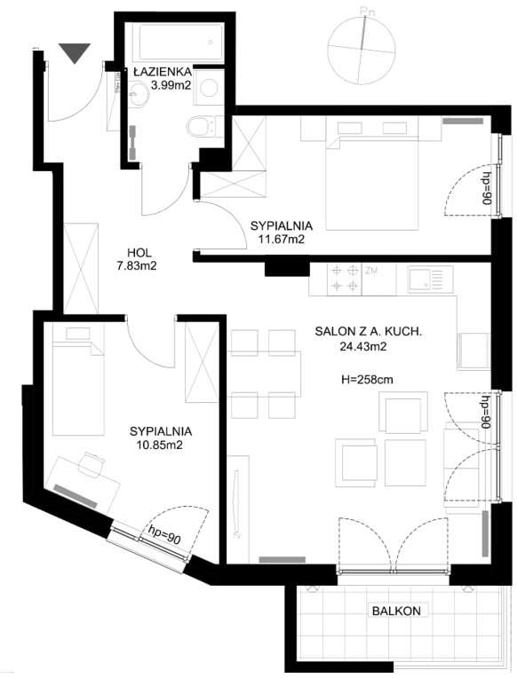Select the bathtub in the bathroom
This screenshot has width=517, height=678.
[x=181, y=43]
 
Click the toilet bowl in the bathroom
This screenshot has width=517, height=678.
[x=201, y=127]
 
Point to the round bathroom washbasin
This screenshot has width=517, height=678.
[x=139, y=92]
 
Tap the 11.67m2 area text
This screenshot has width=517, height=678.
[x=282, y=239]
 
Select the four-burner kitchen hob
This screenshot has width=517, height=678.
[x=345, y=279]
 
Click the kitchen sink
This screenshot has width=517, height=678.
[x=431, y=279]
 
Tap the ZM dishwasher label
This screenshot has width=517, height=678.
[x=371, y=272]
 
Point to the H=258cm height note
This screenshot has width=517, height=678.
[x=367, y=380]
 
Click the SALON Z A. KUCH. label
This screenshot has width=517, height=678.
[x=368, y=332]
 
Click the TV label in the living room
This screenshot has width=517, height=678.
[x=237, y=536]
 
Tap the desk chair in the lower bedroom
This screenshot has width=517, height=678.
[x=91, y=465]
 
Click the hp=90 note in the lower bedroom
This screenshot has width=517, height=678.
[x=164, y=534]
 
